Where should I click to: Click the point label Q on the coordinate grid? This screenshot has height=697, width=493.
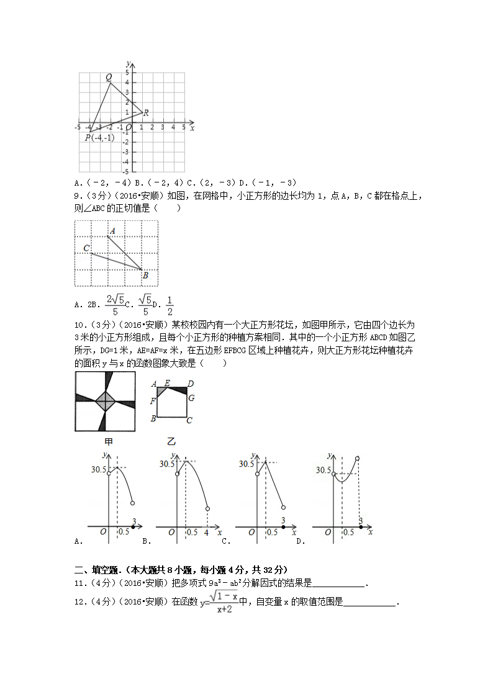point(109,78)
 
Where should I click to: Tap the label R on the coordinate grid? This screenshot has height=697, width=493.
point(146,113)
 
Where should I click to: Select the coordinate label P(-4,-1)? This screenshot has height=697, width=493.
point(99,138)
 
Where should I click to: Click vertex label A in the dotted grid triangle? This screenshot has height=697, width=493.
point(112,232)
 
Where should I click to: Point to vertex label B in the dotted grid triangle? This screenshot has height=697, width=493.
point(145,275)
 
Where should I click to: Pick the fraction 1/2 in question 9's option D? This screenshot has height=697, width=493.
point(170,305)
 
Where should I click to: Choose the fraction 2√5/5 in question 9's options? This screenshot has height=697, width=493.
point(112,305)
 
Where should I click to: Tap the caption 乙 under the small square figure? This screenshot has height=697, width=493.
point(171,442)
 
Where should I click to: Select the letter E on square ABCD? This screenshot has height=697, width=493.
point(167,383)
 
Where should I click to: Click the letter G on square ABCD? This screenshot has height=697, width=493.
point(191,398)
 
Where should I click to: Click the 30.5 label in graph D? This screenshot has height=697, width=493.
point(323,470)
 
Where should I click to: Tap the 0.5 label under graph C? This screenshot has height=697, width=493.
point(271,532)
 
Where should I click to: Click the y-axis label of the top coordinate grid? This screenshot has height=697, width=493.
point(127,63)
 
